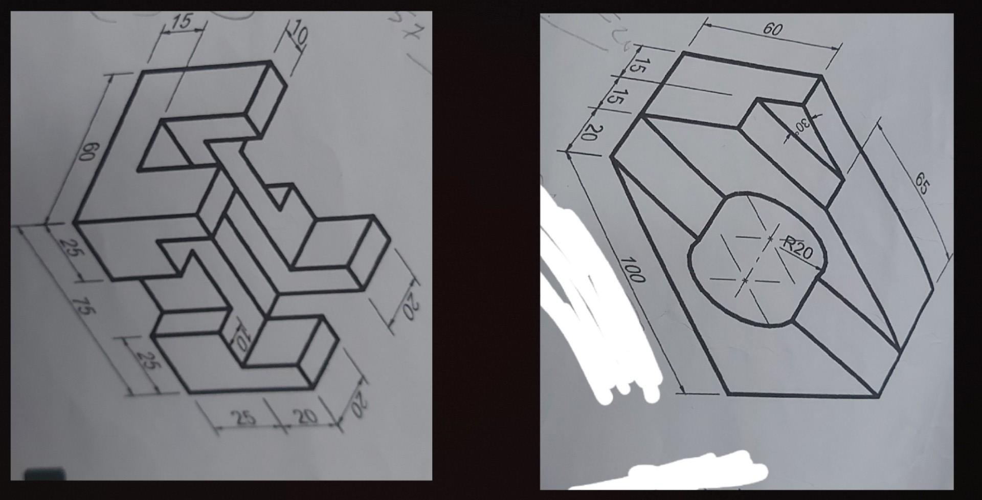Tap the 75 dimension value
[x=80, y=306]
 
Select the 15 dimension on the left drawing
[x=182, y=21]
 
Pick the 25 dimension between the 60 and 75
[x=68, y=249]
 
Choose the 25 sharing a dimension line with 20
[x=245, y=418]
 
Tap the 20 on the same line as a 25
[x=306, y=417]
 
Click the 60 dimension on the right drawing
[x=772, y=29]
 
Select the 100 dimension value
[x=633, y=270]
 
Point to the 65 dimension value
[x=922, y=183]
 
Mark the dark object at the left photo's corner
[x=45, y=474]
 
